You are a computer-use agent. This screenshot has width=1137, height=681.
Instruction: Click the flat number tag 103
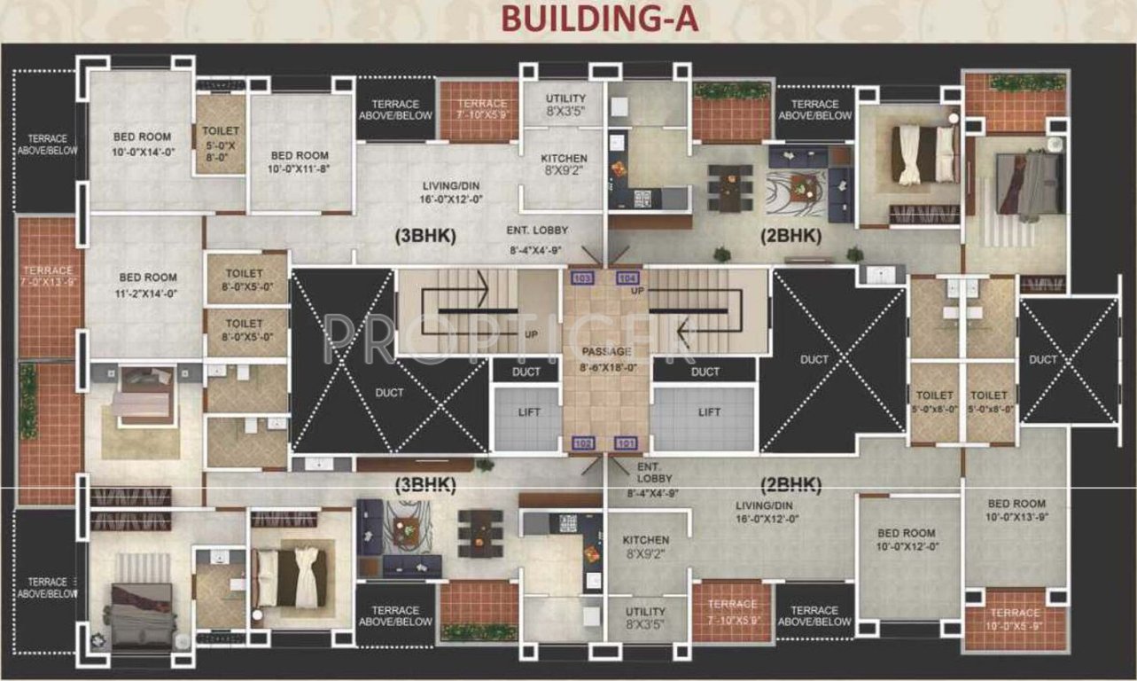click(582, 278)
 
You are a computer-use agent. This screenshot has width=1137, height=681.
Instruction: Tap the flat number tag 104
click(627, 278)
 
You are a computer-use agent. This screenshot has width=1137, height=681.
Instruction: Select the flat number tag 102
click(582, 442)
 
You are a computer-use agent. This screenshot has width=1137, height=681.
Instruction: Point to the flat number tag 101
click(627, 442)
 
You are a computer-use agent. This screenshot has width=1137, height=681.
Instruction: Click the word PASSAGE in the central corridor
click(607, 351)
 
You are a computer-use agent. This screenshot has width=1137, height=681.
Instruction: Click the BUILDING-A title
click(600, 19)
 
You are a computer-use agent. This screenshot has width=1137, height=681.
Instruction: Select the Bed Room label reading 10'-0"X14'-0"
click(143, 145)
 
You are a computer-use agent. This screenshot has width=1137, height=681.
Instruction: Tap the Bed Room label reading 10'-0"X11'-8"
click(300, 161)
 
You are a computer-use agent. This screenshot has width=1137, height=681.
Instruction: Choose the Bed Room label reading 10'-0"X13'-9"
click(1016, 509)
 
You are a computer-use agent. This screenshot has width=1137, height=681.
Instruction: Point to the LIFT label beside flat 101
click(708, 412)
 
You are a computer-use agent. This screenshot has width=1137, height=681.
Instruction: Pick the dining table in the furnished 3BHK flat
click(473, 530)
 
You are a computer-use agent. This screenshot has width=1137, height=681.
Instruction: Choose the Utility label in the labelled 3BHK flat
click(565, 105)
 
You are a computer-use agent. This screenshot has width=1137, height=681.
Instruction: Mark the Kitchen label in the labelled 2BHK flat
click(645, 546)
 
